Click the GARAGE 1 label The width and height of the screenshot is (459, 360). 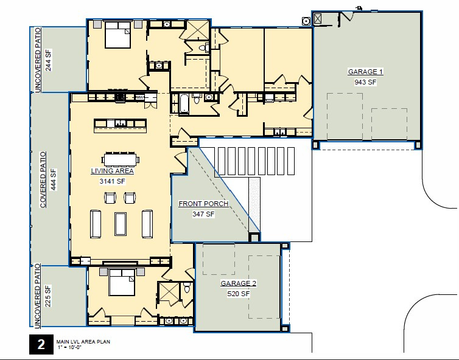point(365,72)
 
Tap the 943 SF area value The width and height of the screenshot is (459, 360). point(365,82)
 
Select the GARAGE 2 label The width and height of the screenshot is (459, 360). point(238,283)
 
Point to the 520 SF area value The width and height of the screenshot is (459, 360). point(238,294)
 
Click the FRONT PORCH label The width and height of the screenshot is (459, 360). point(203,204)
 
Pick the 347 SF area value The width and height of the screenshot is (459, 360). point(203,214)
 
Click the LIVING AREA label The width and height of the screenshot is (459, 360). point(113,171)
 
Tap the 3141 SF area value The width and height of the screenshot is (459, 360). point(113,181)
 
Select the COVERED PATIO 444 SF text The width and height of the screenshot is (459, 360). point(48,179)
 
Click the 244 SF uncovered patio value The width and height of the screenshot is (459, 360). point(48,60)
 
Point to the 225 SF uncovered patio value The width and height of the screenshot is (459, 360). point(47,296)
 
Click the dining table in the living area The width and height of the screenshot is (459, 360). point(121,160)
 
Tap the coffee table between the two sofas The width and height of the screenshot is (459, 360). point(121,224)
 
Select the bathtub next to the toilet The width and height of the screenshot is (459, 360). point(184,104)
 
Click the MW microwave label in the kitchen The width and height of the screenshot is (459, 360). point(140,97)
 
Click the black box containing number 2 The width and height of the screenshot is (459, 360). point(41,345)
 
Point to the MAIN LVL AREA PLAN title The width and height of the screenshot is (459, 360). point(83,342)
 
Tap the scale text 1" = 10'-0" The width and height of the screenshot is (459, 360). point(69,347)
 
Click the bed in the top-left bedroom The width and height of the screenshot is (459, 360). point(117,35)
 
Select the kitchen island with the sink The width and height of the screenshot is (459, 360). point(120,126)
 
